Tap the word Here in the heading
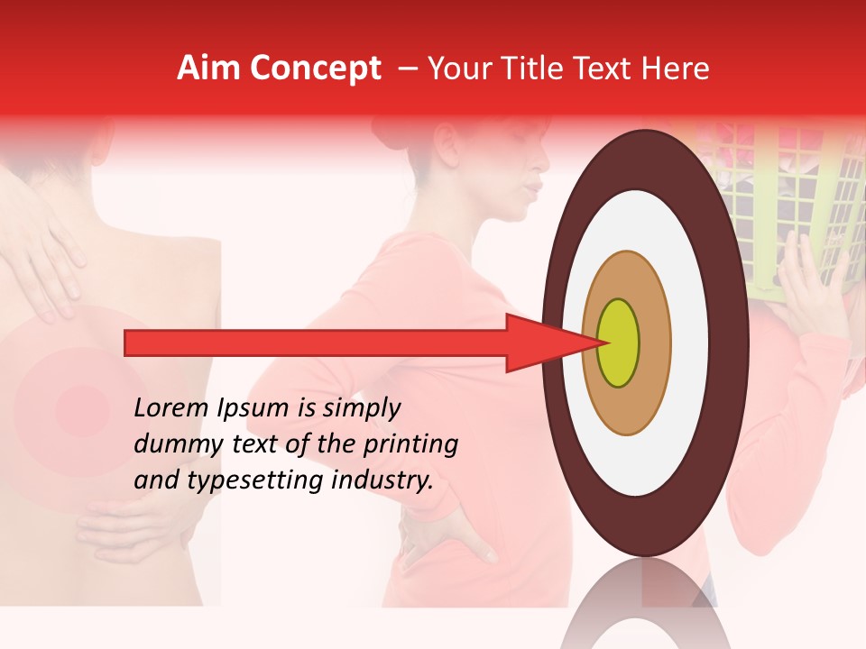[676, 69]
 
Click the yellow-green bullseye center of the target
[618, 343]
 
